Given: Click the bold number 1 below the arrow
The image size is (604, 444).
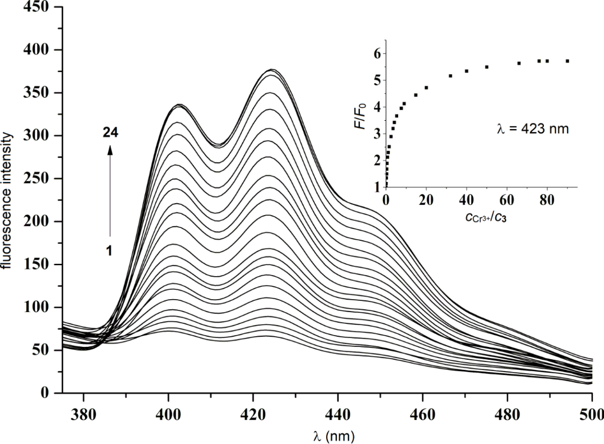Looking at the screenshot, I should [x=110, y=250].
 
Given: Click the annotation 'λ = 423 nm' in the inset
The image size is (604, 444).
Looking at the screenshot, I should [x=531, y=128].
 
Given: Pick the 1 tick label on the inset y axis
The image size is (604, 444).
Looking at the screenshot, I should [x=376, y=187].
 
